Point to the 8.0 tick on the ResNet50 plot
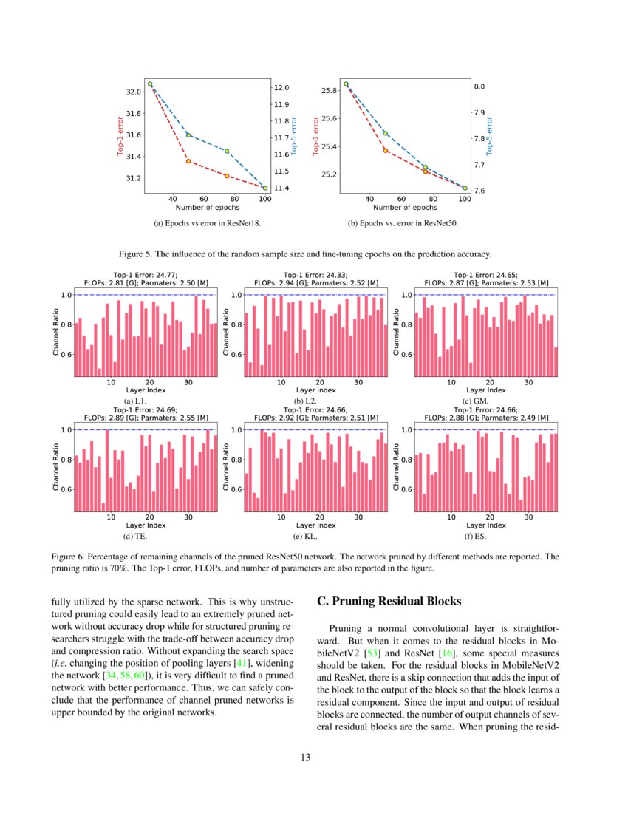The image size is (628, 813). (479, 87)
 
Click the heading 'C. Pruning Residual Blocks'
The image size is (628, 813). (389, 602)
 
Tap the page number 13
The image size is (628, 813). (313, 757)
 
